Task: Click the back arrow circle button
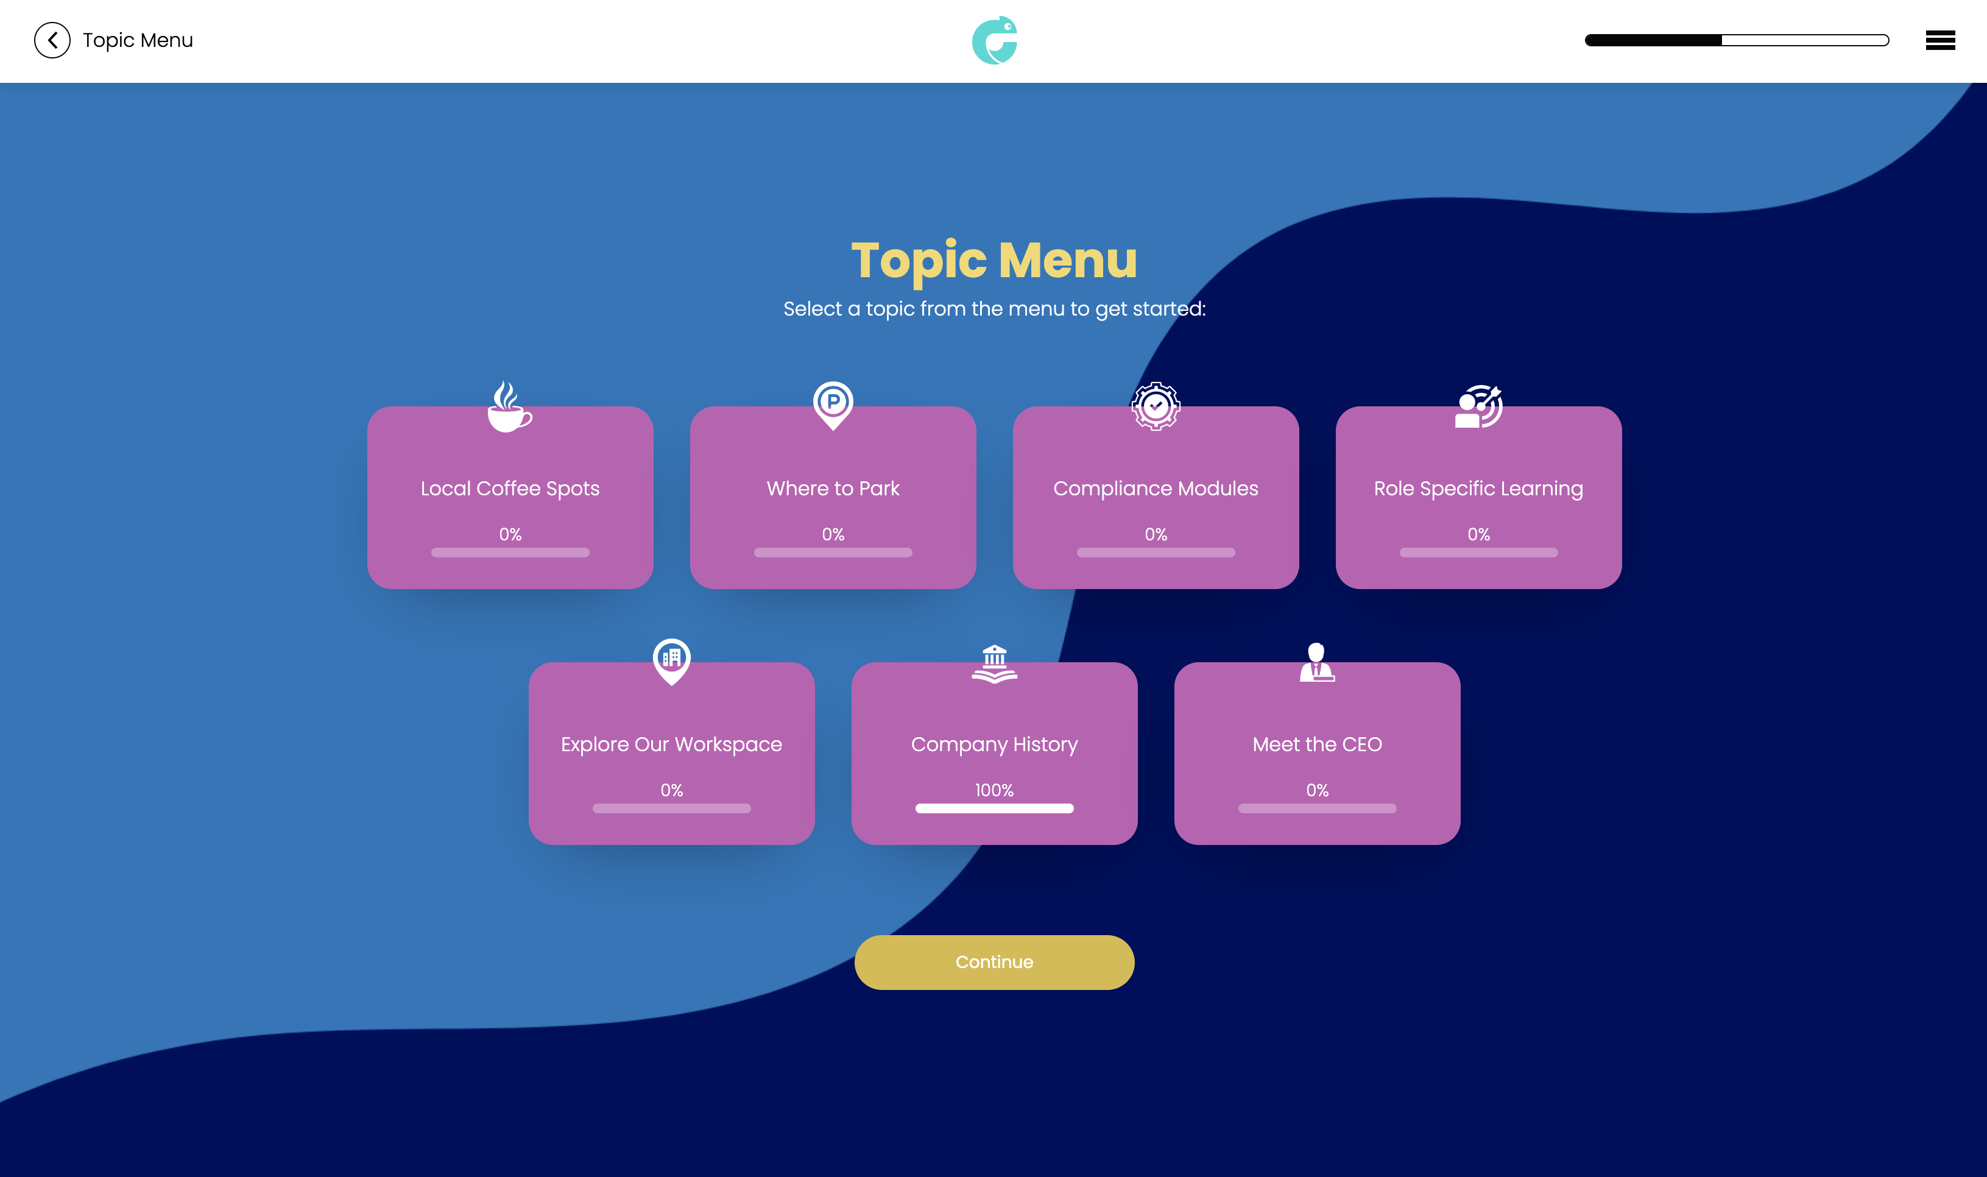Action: coord(52,40)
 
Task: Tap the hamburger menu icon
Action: coord(1939,40)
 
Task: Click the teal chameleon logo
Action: coord(994,40)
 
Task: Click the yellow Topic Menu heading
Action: coord(994,260)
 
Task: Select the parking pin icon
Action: coord(833,405)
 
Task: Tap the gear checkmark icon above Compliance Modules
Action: coord(1156,406)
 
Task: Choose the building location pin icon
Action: coord(672,660)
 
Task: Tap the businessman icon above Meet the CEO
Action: coord(1317,662)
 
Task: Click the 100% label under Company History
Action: coord(994,790)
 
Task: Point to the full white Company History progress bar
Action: coord(994,808)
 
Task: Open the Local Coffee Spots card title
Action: coord(510,489)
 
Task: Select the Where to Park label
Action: coord(833,489)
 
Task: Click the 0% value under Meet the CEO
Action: coord(1317,790)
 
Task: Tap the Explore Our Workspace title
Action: coord(672,744)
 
